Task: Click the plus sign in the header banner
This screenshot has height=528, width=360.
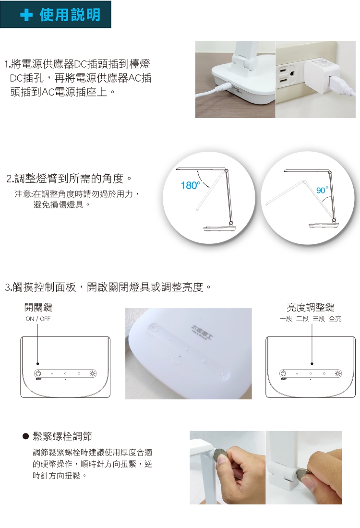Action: (26, 15)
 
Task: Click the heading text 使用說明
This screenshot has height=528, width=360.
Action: (70, 15)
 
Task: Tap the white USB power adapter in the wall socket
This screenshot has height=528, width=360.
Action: (322, 77)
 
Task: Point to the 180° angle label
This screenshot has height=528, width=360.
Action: (190, 185)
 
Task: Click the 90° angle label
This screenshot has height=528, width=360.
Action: (322, 190)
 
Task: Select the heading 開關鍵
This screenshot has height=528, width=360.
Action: (38, 307)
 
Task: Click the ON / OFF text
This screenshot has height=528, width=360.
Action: (38, 319)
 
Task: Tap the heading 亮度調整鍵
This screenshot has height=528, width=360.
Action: (311, 307)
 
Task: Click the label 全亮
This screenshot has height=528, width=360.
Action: (335, 319)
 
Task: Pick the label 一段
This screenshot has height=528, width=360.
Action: (286, 319)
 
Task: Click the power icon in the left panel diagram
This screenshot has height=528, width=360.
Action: (38, 373)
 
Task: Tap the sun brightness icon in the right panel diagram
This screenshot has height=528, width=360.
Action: (338, 373)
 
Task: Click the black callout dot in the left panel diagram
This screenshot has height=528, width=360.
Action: (38, 364)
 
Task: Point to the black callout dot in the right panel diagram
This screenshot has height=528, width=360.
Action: (312, 364)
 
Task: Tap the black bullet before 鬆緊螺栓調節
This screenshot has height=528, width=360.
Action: (25, 436)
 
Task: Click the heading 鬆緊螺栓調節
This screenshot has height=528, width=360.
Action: (62, 436)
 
